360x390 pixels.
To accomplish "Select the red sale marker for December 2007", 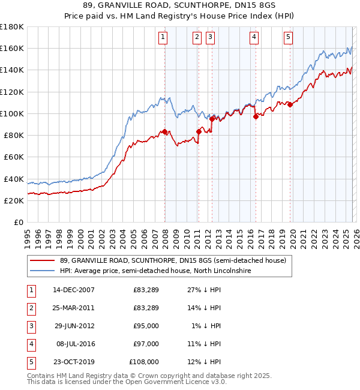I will pos(165,131).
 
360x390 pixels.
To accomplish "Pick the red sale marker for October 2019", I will pos(290,104).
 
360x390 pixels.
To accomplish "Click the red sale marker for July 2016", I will pos(256,116).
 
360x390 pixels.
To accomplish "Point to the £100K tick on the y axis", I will pos(12,113).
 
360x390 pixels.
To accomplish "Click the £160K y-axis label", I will pos(12,48).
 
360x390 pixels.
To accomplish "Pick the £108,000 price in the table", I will pos(144,361).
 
